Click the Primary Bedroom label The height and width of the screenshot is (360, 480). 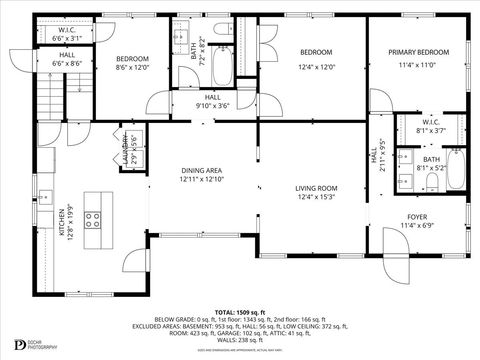pyautogui.click(x=418, y=51)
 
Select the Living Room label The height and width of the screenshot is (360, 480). pyautogui.click(x=316, y=188)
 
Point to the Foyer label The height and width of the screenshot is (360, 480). pyautogui.click(x=417, y=216)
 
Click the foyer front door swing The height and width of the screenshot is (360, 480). pyautogui.click(x=397, y=250)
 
